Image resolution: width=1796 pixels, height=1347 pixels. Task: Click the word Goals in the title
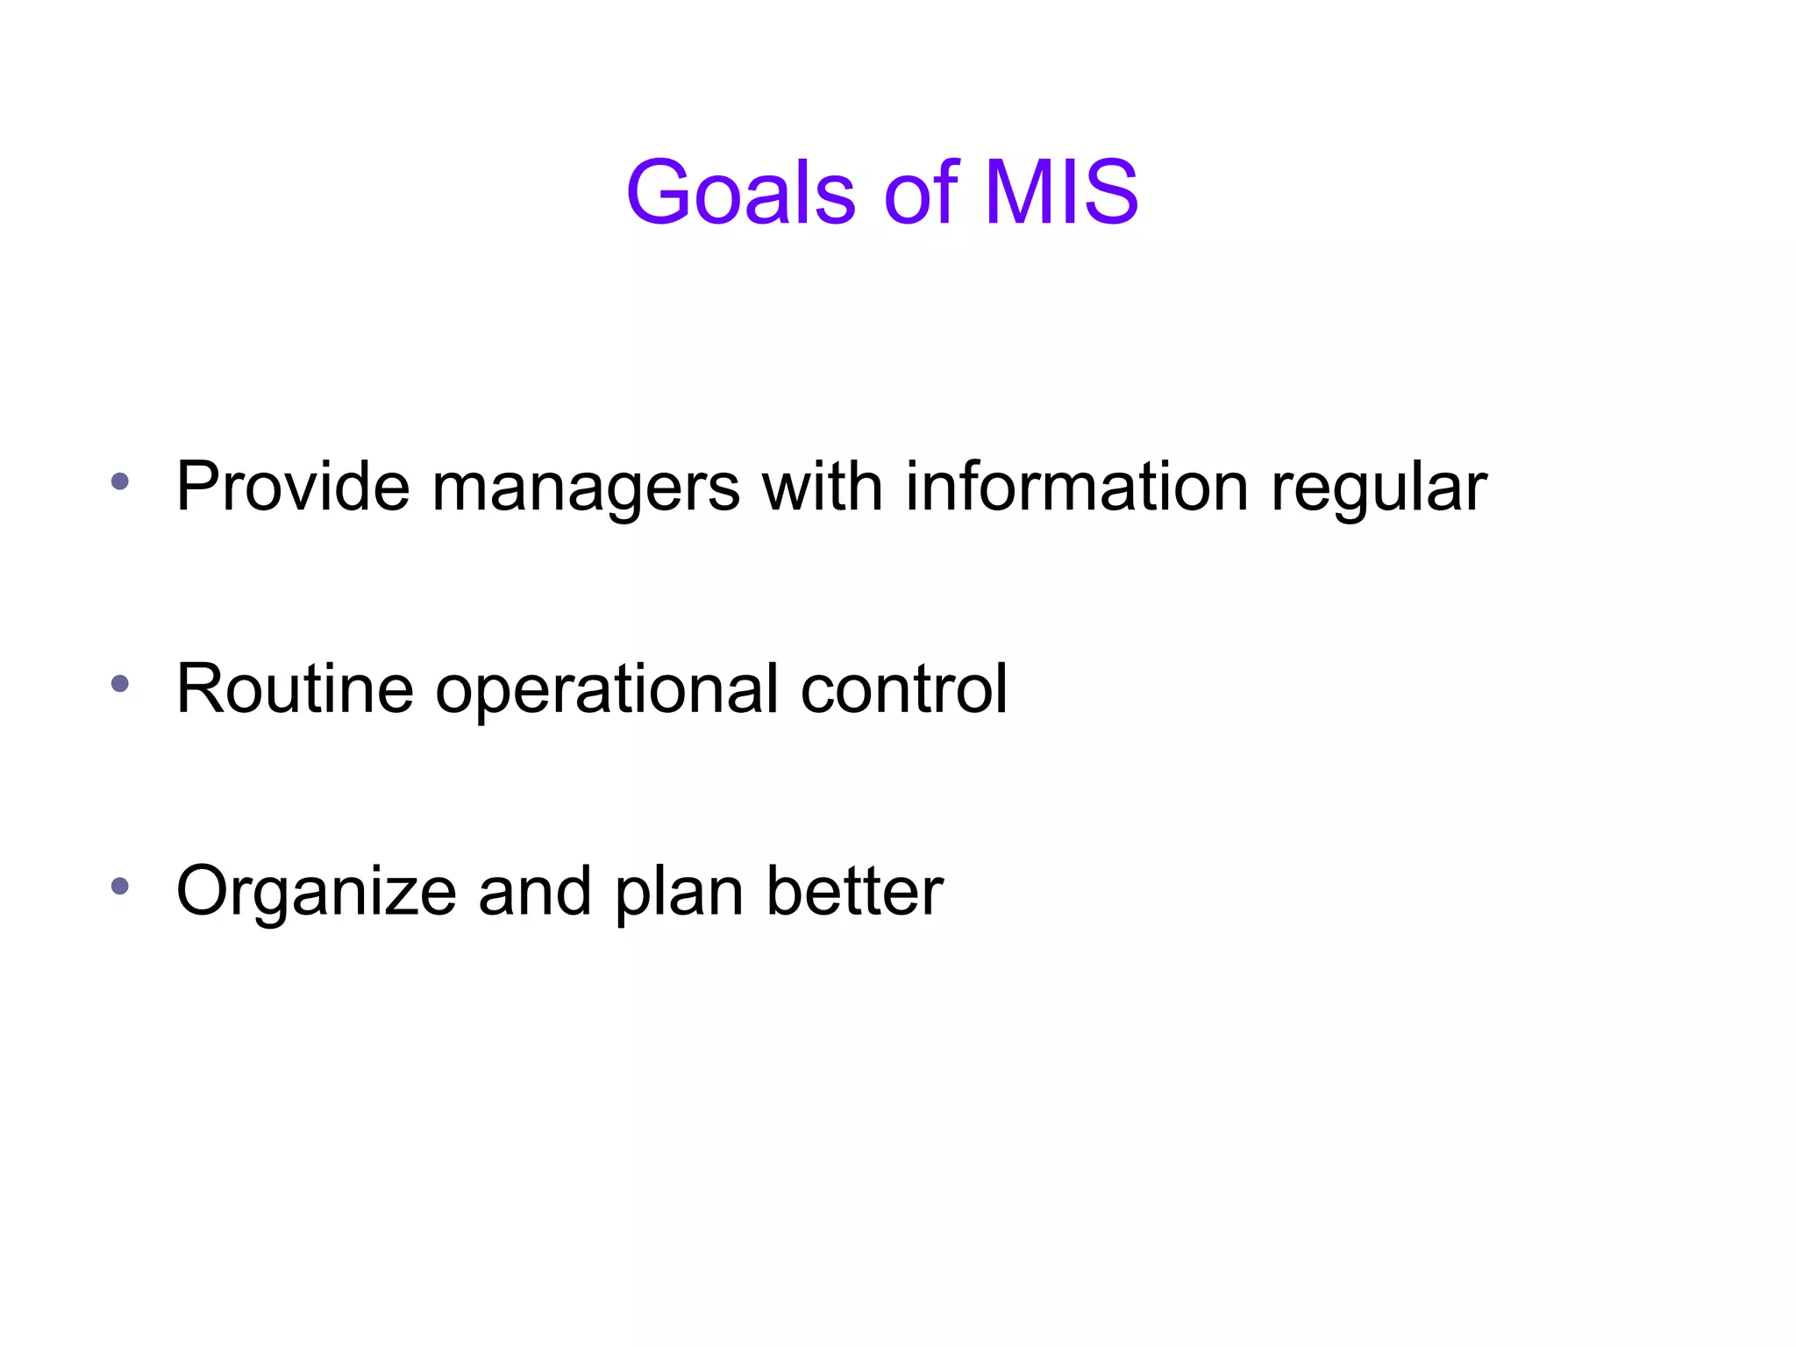(x=741, y=192)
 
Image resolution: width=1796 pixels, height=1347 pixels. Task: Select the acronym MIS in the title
(x=1061, y=192)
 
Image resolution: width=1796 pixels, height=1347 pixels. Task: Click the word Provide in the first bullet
(x=293, y=487)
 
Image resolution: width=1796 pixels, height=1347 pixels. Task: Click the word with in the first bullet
(x=822, y=487)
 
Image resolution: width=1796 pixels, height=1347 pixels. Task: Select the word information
(x=1077, y=487)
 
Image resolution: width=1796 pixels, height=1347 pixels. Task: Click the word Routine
(x=295, y=689)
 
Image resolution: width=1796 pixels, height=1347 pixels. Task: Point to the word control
(x=904, y=689)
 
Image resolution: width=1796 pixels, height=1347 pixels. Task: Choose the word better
(x=855, y=892)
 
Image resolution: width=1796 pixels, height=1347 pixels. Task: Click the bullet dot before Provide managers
(x=120, y=481)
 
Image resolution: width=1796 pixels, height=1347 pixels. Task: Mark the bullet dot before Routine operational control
(x=120, y=683)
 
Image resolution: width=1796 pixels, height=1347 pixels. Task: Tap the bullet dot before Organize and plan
(x=120, y=886)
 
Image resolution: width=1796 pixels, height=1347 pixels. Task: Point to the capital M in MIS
(x=1019, y=192)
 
